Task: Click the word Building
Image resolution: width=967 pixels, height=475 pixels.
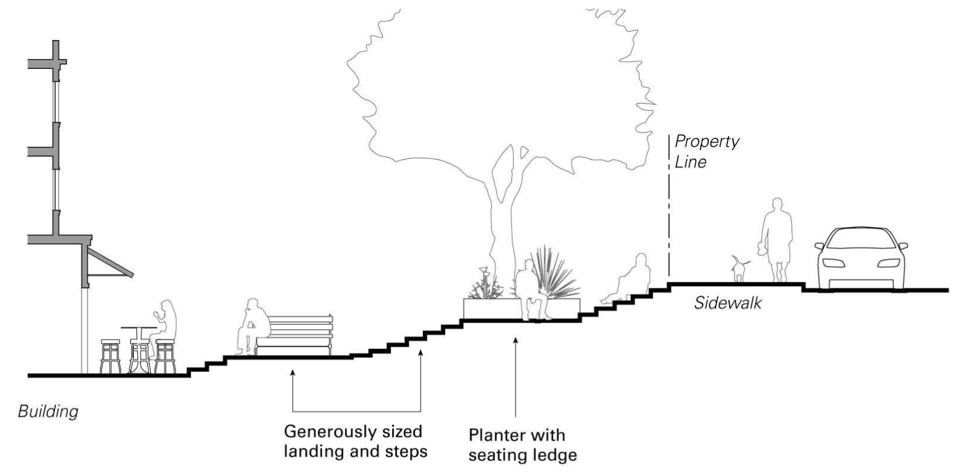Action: [48, 411]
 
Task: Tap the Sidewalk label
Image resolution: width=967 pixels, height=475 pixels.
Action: [727, 303]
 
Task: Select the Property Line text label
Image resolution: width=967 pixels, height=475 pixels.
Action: [706, 151]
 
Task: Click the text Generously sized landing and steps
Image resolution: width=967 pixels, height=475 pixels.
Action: [355, 441]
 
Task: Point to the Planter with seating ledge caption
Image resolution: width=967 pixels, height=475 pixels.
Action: [522, 444]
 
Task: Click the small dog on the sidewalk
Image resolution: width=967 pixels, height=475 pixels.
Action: [739, 269]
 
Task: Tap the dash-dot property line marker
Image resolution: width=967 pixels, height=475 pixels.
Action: [670, 206]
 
